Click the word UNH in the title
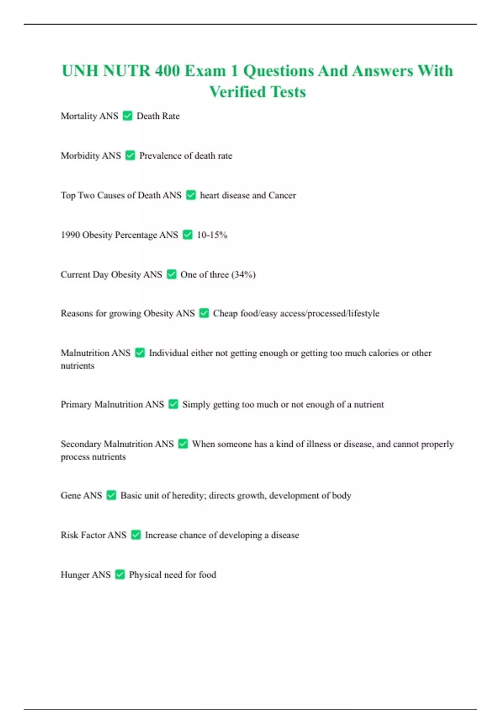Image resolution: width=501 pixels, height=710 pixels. (x=80, y=71)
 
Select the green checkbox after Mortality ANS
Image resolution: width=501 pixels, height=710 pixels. (x=127, y=116)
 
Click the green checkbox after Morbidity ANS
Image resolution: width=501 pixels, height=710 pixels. (x=130, y=155)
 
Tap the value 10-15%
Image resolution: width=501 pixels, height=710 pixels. (x=212, y=235)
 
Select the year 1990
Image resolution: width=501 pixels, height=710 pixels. (x=70, y=235)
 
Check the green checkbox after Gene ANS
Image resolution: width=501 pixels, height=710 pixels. (x=111, y=495)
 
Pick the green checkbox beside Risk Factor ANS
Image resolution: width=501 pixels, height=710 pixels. (x=136, y=535)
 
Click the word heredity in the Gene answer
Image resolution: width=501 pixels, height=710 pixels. (x=189, y=495)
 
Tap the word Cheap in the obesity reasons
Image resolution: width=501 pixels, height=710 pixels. (x=225, y=313)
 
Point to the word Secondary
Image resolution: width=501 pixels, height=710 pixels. (x=81, y=444)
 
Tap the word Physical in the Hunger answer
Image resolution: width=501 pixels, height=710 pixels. (x=145, y=575)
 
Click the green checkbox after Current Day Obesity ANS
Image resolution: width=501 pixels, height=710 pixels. (x=171, y=274)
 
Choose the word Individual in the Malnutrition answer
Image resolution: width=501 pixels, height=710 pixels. (x=168, y=353)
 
